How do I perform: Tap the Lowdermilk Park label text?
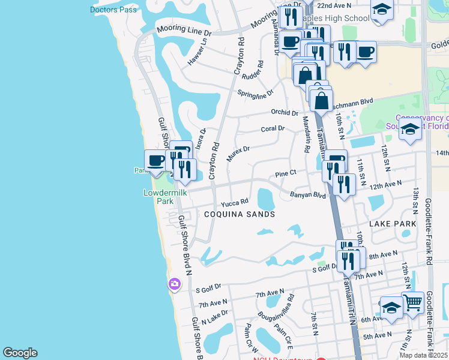point(158,197)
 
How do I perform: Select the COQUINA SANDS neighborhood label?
point(239,214)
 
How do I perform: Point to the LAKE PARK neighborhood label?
point(393,223)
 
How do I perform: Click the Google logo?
point(20,353)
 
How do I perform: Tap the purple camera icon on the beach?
point(174,284)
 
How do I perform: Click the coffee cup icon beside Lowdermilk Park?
point(156,161)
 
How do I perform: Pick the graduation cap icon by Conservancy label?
point(410,130)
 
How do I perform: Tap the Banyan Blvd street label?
point(307,194)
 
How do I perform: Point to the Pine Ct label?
point(286,173)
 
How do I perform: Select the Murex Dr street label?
point(238,154)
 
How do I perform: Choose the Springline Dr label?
point(255,94)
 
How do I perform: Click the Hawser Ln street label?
point(196,52)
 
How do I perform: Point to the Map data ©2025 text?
point(424,355)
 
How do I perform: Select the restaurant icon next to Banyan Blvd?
point(344,184)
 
